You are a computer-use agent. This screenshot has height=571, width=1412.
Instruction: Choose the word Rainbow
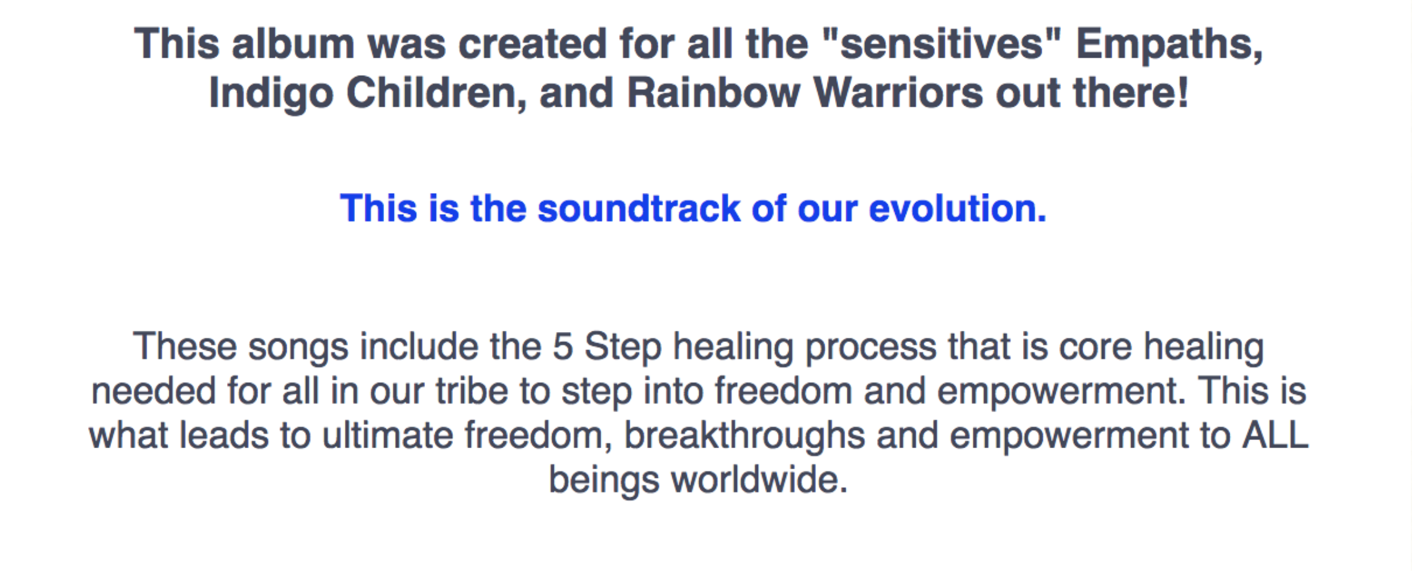coord(713,93)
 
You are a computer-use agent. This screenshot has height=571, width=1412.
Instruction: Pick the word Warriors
coord(898,93)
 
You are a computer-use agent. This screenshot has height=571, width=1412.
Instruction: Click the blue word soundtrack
coord(638,208)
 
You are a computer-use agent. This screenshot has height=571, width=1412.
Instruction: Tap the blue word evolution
coord(957,208)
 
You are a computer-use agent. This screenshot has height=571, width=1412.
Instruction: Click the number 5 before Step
coord(562,346)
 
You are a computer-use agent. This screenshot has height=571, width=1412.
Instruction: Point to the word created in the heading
coord(532,44)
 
